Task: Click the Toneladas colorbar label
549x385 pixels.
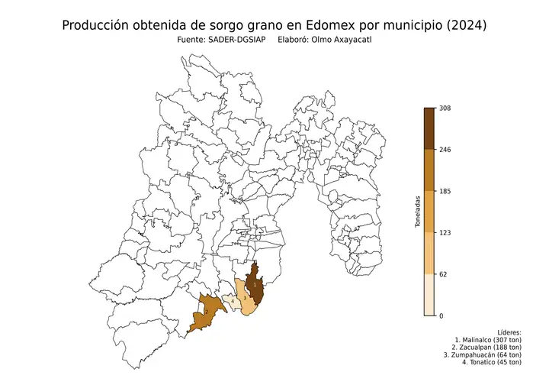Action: (x=418, y=212)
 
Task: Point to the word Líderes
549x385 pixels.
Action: (x=508, y=333)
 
